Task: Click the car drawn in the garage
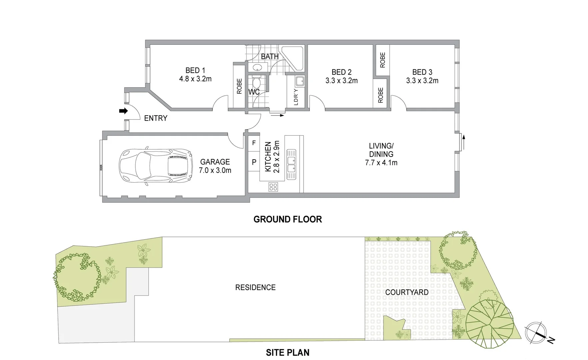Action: tap(156, 166)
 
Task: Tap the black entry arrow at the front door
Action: tap(124, 111)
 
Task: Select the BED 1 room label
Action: tap(195, 70)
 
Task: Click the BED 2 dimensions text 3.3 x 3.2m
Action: tap(341, 81)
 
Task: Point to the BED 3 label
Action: tap(422, 72)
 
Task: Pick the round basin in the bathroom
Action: tap(257, 68)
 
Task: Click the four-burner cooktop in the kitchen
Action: tap(273, 187)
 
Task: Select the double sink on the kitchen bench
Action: tap(292, 164)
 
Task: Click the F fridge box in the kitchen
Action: tap(254, 143)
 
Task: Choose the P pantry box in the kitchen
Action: tap(254, 162)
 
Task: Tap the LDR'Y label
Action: tap(296, 97)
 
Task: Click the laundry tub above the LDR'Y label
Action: tap(299, 81)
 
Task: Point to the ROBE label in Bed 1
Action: tap(239, 86)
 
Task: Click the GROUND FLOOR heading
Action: tap(288, 219)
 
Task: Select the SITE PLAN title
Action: tap(288, 352)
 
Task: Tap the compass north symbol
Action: tap(536, 334)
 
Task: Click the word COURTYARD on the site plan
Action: tap(407, 292)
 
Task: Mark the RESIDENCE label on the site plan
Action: tap(255, 287)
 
